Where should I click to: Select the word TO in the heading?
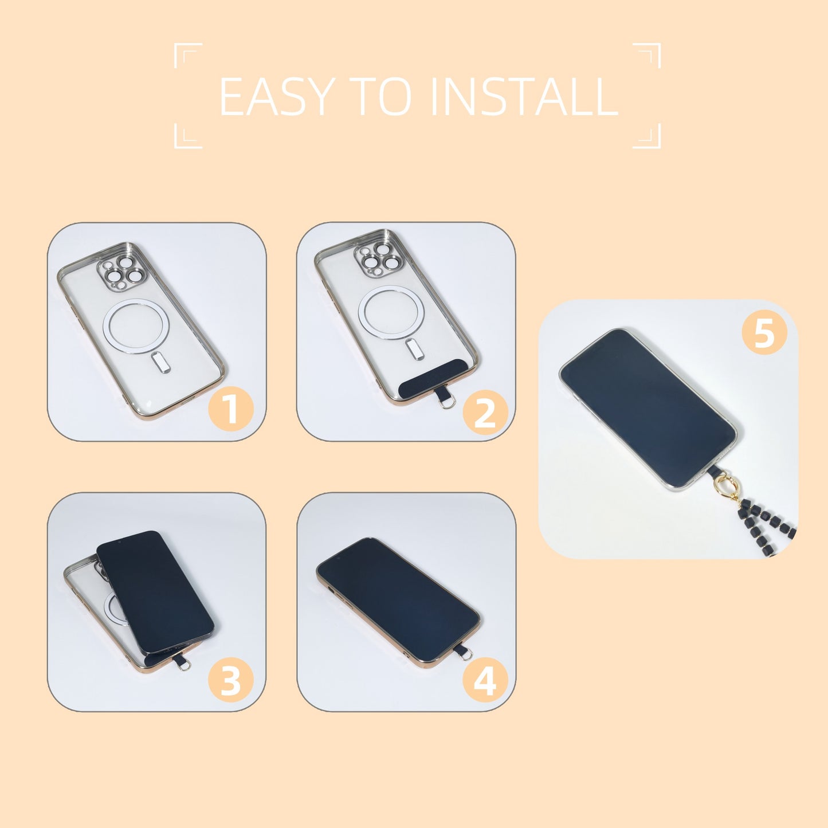click(380, 97)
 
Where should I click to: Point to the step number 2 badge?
click(485, 412)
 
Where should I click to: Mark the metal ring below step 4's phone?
click(468, 656)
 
